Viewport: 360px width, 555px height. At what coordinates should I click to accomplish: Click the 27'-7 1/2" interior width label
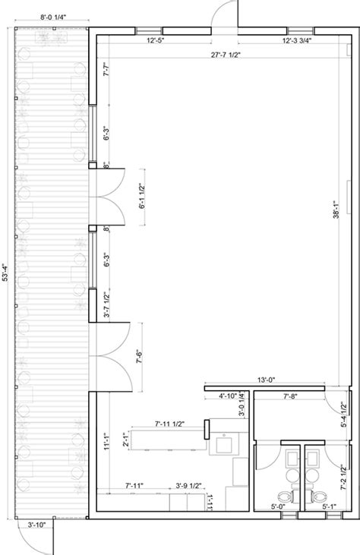224,55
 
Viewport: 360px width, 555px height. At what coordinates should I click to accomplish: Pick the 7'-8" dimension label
289,396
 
